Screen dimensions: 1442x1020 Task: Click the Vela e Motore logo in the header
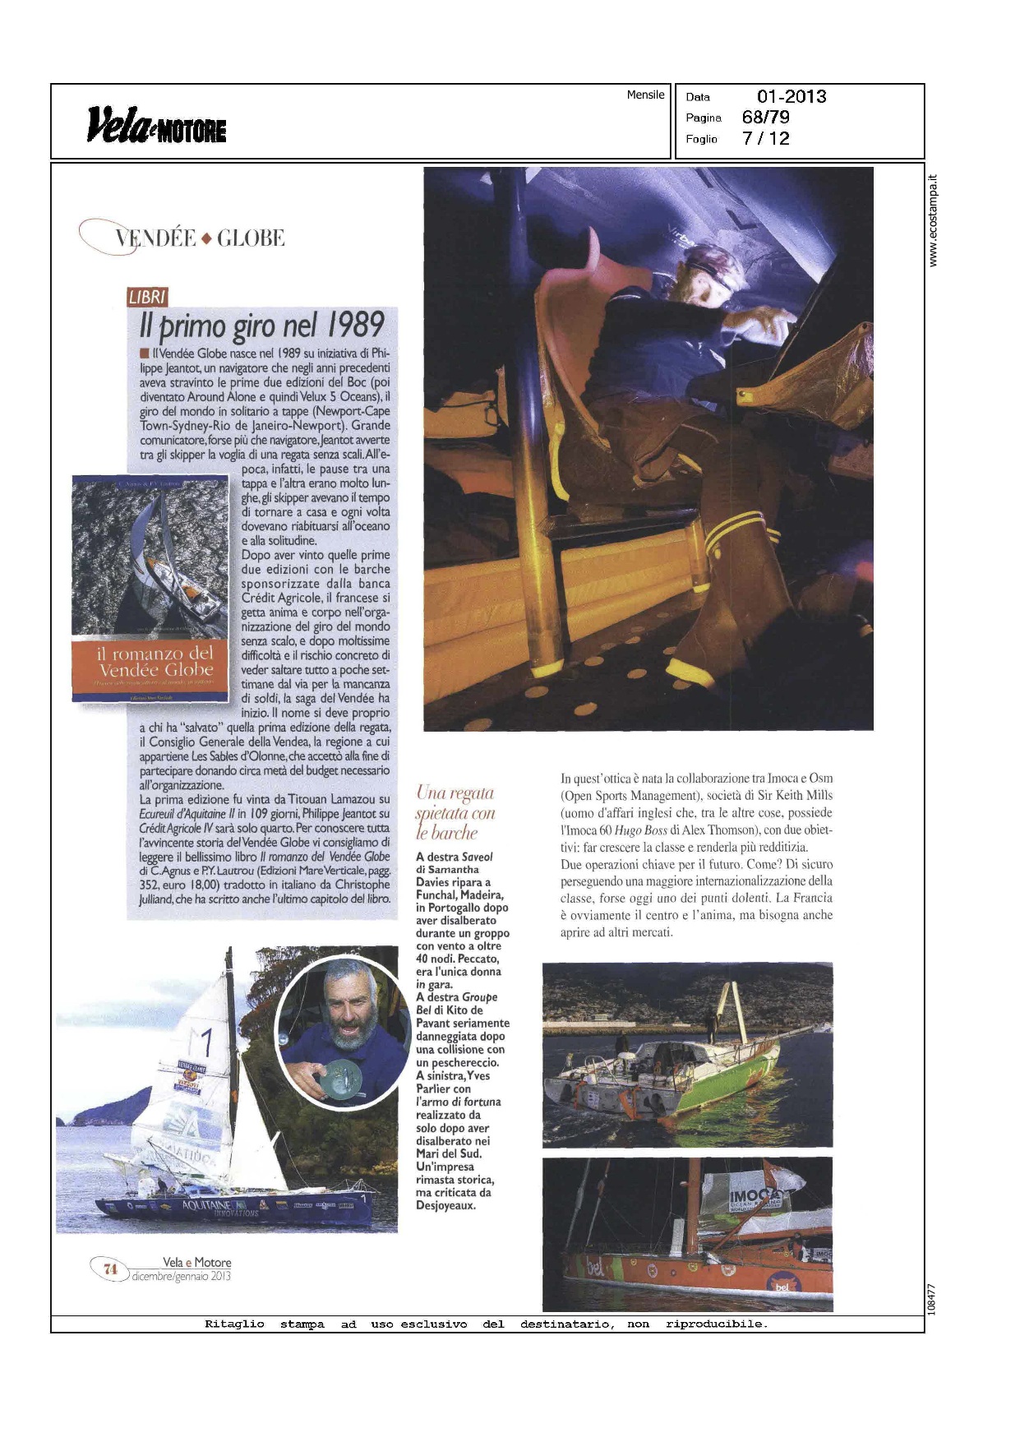[x=156, y=126]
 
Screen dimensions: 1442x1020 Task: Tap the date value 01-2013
[x=791, y=96]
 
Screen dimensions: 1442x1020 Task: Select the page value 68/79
[x=765, y=117]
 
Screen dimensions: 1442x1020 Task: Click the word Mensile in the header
[x=645, y=95]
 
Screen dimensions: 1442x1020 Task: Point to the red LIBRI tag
[x=147, y=298]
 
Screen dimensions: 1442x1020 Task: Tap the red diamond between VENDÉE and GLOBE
[x=206, y=239]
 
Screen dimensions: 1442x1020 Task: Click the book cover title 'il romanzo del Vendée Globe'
[x=155, y=662]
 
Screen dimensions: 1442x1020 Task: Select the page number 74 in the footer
[x=110, y=1269]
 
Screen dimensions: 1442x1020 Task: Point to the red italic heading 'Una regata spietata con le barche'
[x=455, y=813]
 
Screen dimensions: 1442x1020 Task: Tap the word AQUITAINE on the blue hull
[x=205, y=1205]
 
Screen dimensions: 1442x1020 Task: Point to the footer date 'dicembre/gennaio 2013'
[x=181, y=1277]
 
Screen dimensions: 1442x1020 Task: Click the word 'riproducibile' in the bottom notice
[x=715, y=1324]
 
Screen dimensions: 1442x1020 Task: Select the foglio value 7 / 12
[x=765, y=138]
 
